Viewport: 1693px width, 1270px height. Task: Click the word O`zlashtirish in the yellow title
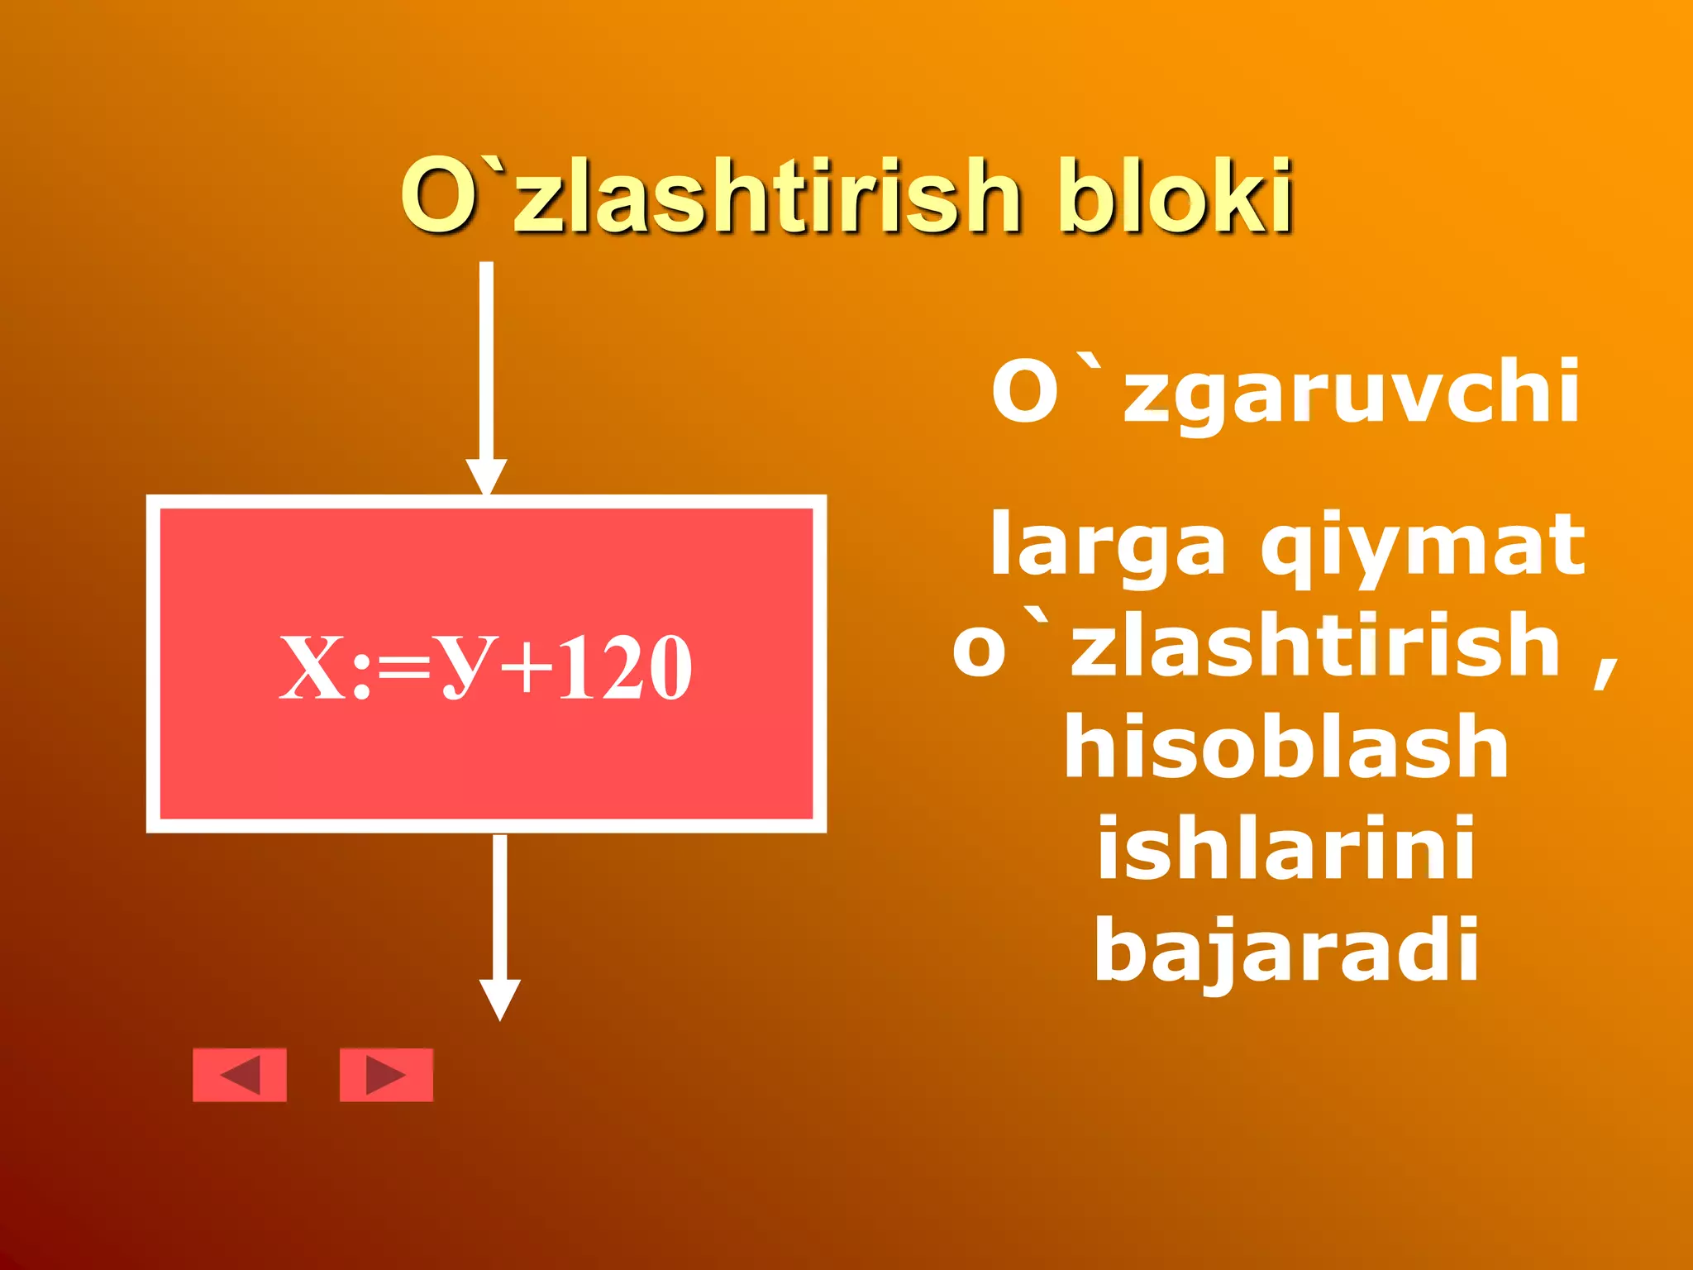711,197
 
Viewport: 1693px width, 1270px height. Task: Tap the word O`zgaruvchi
1285,392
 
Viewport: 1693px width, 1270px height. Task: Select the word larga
1108,546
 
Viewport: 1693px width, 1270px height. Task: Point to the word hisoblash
1286,747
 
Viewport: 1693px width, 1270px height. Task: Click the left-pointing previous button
240,1075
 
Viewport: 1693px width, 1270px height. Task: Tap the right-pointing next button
386,1075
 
